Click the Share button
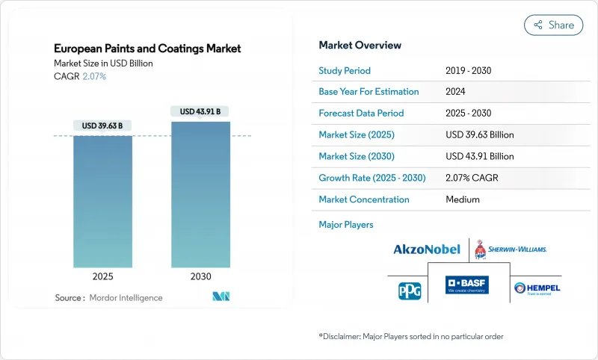click(554, 25)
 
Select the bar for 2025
click(102, 202)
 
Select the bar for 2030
click(200, 194)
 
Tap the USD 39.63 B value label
click(102, 125)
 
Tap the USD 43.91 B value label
click(200, 111)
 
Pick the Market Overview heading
click(360, 46)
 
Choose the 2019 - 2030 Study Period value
click(469, 70)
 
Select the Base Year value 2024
click(456, 92)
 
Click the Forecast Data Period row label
click(361, 114)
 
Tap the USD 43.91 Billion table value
click(479, 157)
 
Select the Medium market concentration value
click(462, 200)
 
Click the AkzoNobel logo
click(426, 249)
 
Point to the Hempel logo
click(537, 288)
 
